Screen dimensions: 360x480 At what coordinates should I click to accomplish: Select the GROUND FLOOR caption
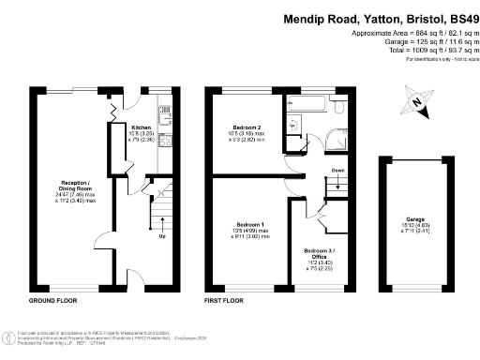click(52, 302)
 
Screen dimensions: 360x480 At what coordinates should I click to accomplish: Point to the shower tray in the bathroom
click(293, 127)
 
